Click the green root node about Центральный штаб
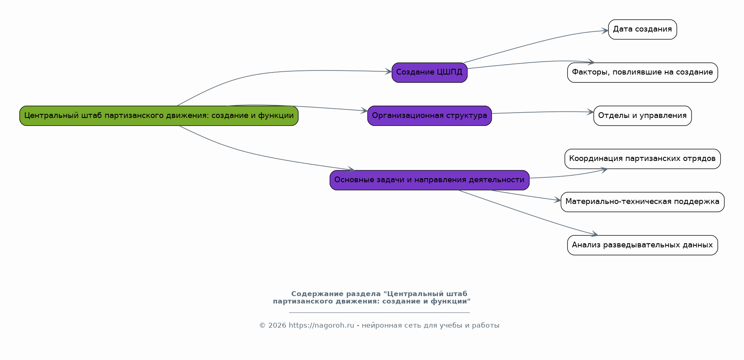(159, 116)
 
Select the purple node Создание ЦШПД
(429, 72)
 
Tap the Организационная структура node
(429, 116)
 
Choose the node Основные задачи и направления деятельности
(429, 180)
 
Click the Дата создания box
(642, 29)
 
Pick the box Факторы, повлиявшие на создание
(642, 72)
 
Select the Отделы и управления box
(642, 116)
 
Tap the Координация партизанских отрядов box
(642, 159)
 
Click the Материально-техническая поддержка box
(642, 202)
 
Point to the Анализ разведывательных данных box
(642, 245)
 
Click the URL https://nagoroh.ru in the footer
(321, 326)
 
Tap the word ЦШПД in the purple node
(449, 72)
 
